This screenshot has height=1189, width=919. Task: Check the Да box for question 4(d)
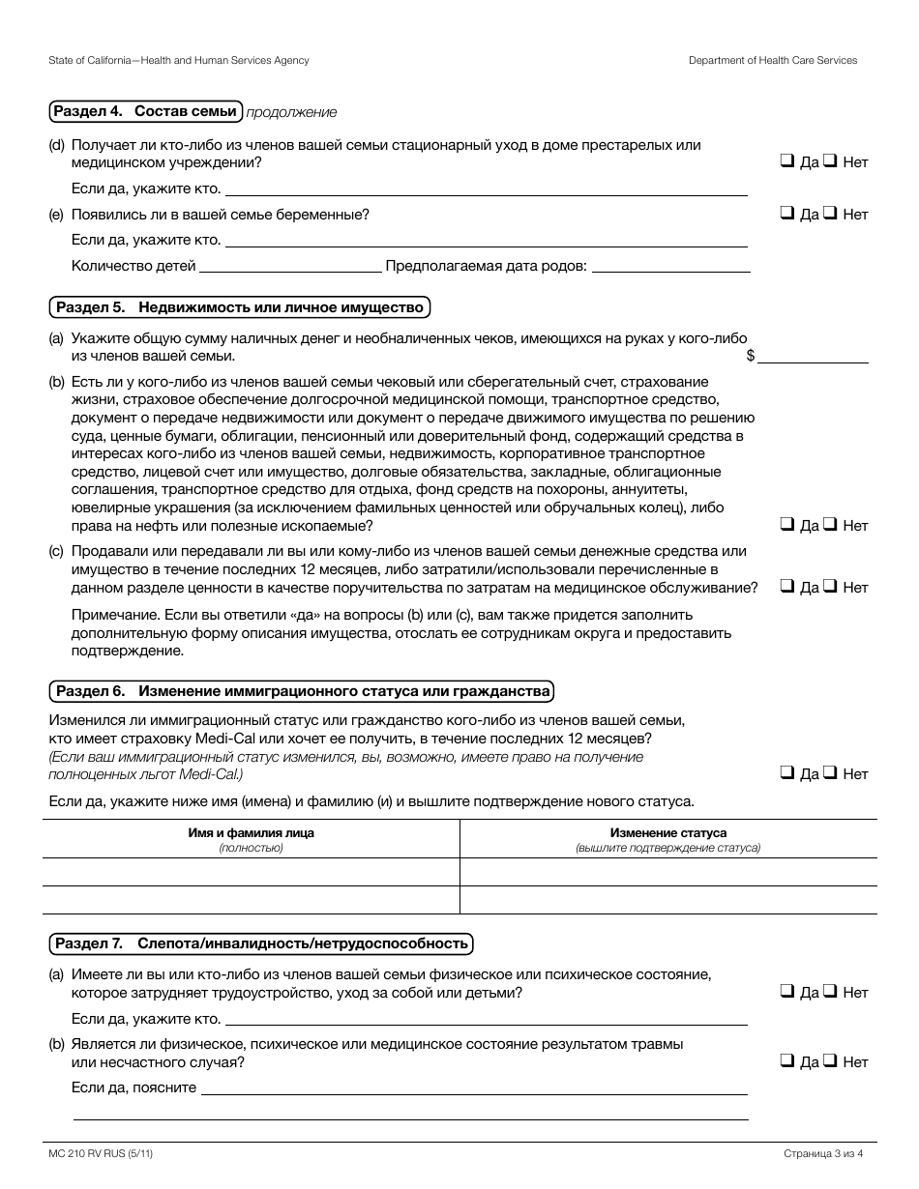click(786, 162)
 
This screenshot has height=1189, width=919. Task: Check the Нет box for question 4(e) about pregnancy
click(830, 214)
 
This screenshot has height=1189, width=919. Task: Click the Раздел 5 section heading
click(239, 308)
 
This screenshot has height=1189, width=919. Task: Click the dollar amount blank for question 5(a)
click(813, 355)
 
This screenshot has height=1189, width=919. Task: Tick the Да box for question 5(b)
click(786, 525)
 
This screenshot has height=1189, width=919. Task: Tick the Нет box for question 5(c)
click(830, 587)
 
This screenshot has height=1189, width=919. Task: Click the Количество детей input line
click(290, 266)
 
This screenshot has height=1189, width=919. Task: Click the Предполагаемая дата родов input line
click(670, 266)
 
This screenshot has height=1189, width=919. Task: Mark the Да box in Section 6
click(786, 773)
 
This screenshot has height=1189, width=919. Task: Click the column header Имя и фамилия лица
click(251, 832)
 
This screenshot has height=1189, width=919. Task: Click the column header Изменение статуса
click(668, 832)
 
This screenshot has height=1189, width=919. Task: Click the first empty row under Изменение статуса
click(668, 872)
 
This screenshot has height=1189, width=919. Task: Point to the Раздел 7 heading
click(261, 943)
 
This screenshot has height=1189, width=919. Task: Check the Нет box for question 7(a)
click(830, 992)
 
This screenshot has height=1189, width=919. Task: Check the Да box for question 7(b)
click(786, 1061)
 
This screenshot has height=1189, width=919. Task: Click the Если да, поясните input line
click(474, 1087)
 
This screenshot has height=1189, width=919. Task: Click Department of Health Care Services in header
click(773, 60)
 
